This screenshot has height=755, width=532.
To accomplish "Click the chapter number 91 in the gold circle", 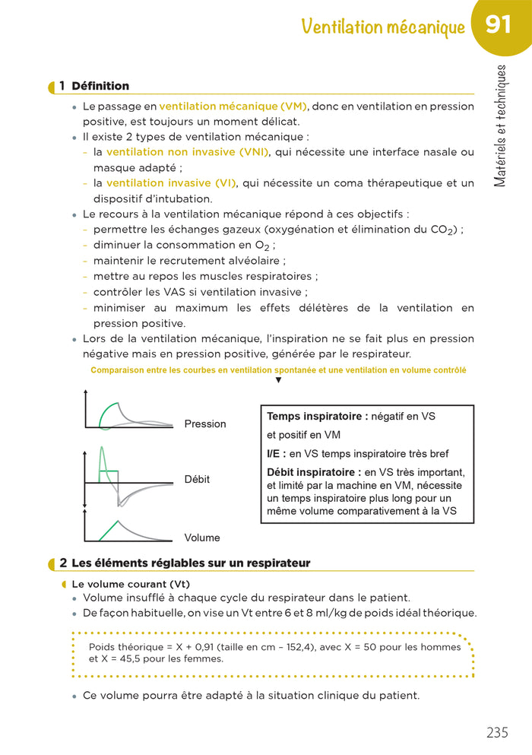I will click(498, 25).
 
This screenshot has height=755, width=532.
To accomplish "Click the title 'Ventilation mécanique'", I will click(383, 27).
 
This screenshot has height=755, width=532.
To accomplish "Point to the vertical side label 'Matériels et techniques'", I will click(500, 126).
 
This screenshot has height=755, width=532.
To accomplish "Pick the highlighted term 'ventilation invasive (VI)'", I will click(171, 183).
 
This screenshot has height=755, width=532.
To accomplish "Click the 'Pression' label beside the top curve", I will click(205, 423).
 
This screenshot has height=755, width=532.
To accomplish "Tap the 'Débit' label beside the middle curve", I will click(197, 480).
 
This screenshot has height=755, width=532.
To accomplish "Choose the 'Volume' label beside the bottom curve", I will click(202, 538).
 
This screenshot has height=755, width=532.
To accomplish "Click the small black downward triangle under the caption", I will click(278, 380).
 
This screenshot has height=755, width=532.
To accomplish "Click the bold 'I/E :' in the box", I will click(277, 454).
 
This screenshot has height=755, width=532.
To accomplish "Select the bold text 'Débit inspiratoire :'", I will click(314, 472).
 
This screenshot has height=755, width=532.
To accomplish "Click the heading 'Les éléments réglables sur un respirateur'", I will click(190, 563).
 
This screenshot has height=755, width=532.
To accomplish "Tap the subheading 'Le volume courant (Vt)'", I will click(130, 584).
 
